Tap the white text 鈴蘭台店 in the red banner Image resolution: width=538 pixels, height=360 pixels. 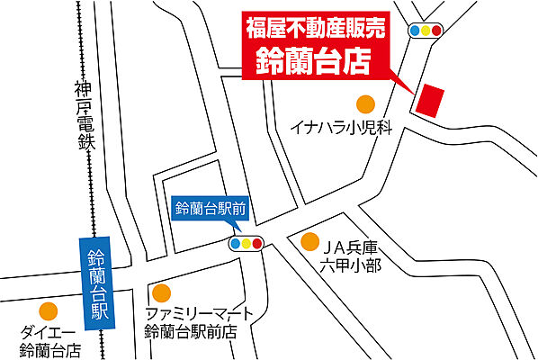316,61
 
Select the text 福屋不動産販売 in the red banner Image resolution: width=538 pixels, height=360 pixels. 316,28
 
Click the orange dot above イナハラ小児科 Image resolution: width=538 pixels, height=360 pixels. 365,103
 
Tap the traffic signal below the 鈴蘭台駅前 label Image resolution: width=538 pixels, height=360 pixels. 246,243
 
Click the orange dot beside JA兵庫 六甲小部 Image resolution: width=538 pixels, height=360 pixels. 309,241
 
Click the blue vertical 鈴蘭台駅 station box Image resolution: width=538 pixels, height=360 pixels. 95,280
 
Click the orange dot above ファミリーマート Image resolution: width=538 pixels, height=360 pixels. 162,292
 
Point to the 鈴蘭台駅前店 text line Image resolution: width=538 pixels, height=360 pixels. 191,331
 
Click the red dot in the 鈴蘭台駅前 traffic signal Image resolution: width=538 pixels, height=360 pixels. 256,243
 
